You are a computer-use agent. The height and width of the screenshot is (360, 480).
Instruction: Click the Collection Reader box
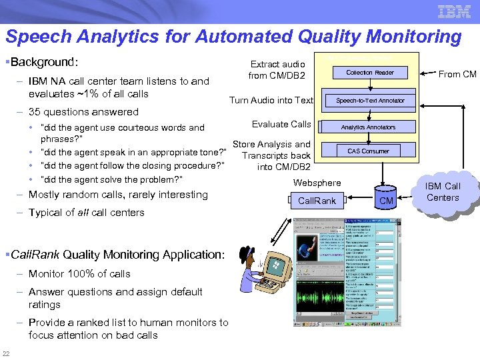tap(369, 72)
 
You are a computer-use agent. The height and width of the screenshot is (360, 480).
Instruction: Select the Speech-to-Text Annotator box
tap(369, 101)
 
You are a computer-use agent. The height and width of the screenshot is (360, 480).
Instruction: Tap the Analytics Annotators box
tap(368, 127)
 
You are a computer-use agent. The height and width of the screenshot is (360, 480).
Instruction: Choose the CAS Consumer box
tap(368, 151)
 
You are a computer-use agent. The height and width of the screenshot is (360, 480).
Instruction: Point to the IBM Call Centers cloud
tap(443, 191)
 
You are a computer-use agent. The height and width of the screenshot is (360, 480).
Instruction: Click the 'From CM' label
tap(457, 74)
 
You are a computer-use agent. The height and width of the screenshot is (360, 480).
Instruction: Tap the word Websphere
tap(317, 183)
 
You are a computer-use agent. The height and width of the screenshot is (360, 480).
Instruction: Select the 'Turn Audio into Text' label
tap(271, 100)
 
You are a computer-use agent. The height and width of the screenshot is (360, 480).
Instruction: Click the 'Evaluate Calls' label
tap(281, 124)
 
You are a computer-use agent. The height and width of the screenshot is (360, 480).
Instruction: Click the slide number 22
tap(6, 353)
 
